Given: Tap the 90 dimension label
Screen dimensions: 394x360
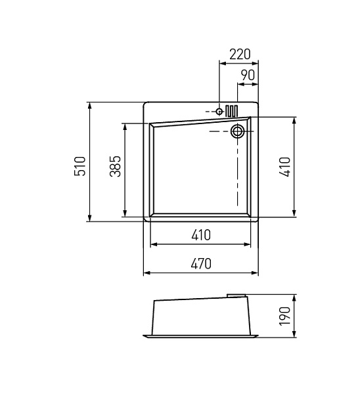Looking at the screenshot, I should click(x=247, y=76).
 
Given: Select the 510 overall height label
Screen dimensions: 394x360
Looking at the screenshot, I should click(x=79, y=166).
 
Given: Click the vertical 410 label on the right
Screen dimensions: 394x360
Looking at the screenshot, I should click(x=284, y=167).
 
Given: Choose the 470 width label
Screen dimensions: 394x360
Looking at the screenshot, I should click(x=200, y=263).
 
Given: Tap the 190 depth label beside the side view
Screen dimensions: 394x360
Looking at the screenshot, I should click(x=284, y=317).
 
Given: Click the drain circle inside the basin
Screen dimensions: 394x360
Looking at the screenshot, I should click(x=237, y=131).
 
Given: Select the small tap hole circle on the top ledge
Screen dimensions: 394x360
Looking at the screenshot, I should click(x=219, y=112).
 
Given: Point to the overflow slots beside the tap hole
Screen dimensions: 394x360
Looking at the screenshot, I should click(x=231, y=110).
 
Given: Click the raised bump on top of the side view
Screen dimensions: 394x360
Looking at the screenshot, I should click(x=236, y=294).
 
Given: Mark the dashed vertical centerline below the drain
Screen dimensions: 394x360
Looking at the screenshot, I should click(x=237, y=171).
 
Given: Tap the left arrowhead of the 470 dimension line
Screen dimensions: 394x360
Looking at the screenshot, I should click(x=146, y=273).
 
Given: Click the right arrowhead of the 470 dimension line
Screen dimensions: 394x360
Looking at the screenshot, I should click(x=256, y=273).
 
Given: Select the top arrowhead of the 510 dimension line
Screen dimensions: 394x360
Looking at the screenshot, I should click(x=89, y=105).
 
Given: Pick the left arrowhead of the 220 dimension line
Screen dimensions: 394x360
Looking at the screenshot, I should click(x=221, y=64).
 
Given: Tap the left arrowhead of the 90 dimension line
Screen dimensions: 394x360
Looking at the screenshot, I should click(x=240, y=85).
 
